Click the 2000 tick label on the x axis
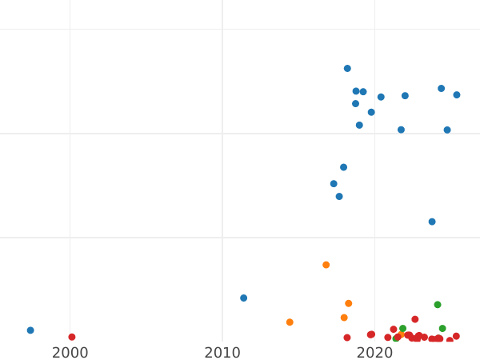pyautogui.click(x=70, y=352)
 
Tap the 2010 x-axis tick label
pyautogui.click(x=222, y=352)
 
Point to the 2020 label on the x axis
pyautogui.click(x=374, y=352)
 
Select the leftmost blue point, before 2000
pyautogui.click(x=30, y=330)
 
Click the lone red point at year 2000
pyautogui.click(x=72, y=338)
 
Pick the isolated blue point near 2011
pyautogui.click(x=244, y=298)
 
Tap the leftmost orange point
pyautogui.click(x=290, y=322)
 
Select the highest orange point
pyautogui.click(x=326, y=265)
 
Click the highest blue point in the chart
pyautogui.click(x=347, y=69)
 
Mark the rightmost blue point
pyautogui.click(x=457, y=95)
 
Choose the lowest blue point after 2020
pyautogui.click(x=432, y=222)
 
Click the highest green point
pyautogui.click(x=438, y=305)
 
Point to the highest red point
pyautogui.click(x=414, y=319)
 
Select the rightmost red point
pyautogui.click(x=456, y=337)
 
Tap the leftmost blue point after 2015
pyautogui.click(x=334, y=184)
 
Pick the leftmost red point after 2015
pyautogui.click(x=347, y=338)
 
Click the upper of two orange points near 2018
pyautogui.click(x=348, y=303)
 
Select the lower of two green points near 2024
pyautogui.click(x=442, y=329)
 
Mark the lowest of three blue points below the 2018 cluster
pyautogui.click(x=339, y=197)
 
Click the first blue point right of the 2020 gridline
pyautogui.click(x=381, y=98)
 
